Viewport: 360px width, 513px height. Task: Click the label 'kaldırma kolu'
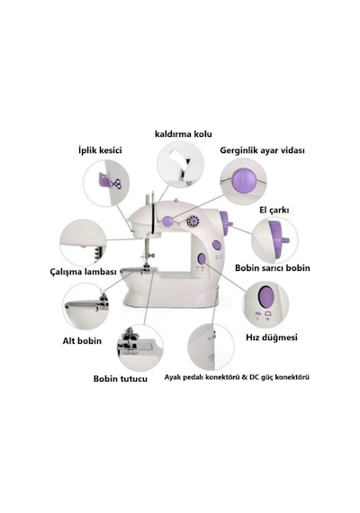point(184,134)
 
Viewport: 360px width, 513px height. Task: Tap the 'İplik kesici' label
point(100,150)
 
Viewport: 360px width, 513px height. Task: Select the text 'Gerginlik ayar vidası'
point(262,150)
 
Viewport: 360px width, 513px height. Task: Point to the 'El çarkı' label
point(274,211)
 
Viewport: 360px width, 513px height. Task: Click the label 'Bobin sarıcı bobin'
point(273,268)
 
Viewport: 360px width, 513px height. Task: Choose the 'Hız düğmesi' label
point(272,337)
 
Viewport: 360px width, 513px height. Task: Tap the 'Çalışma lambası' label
point(84,272)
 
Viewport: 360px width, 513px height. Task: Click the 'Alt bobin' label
point(82,341)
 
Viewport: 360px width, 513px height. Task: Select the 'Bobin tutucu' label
point(121,379)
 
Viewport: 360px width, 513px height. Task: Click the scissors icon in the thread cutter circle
point(116,184)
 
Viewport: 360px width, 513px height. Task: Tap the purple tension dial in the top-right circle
point(245,181)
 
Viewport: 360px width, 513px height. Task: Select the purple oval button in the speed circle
point(265,297)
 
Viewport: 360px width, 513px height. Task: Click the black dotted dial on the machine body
point(193,221)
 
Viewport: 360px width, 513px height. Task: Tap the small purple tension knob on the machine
point(168,220)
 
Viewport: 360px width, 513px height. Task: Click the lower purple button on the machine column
point(202,259)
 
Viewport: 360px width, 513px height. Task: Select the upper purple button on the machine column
point(216,245)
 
